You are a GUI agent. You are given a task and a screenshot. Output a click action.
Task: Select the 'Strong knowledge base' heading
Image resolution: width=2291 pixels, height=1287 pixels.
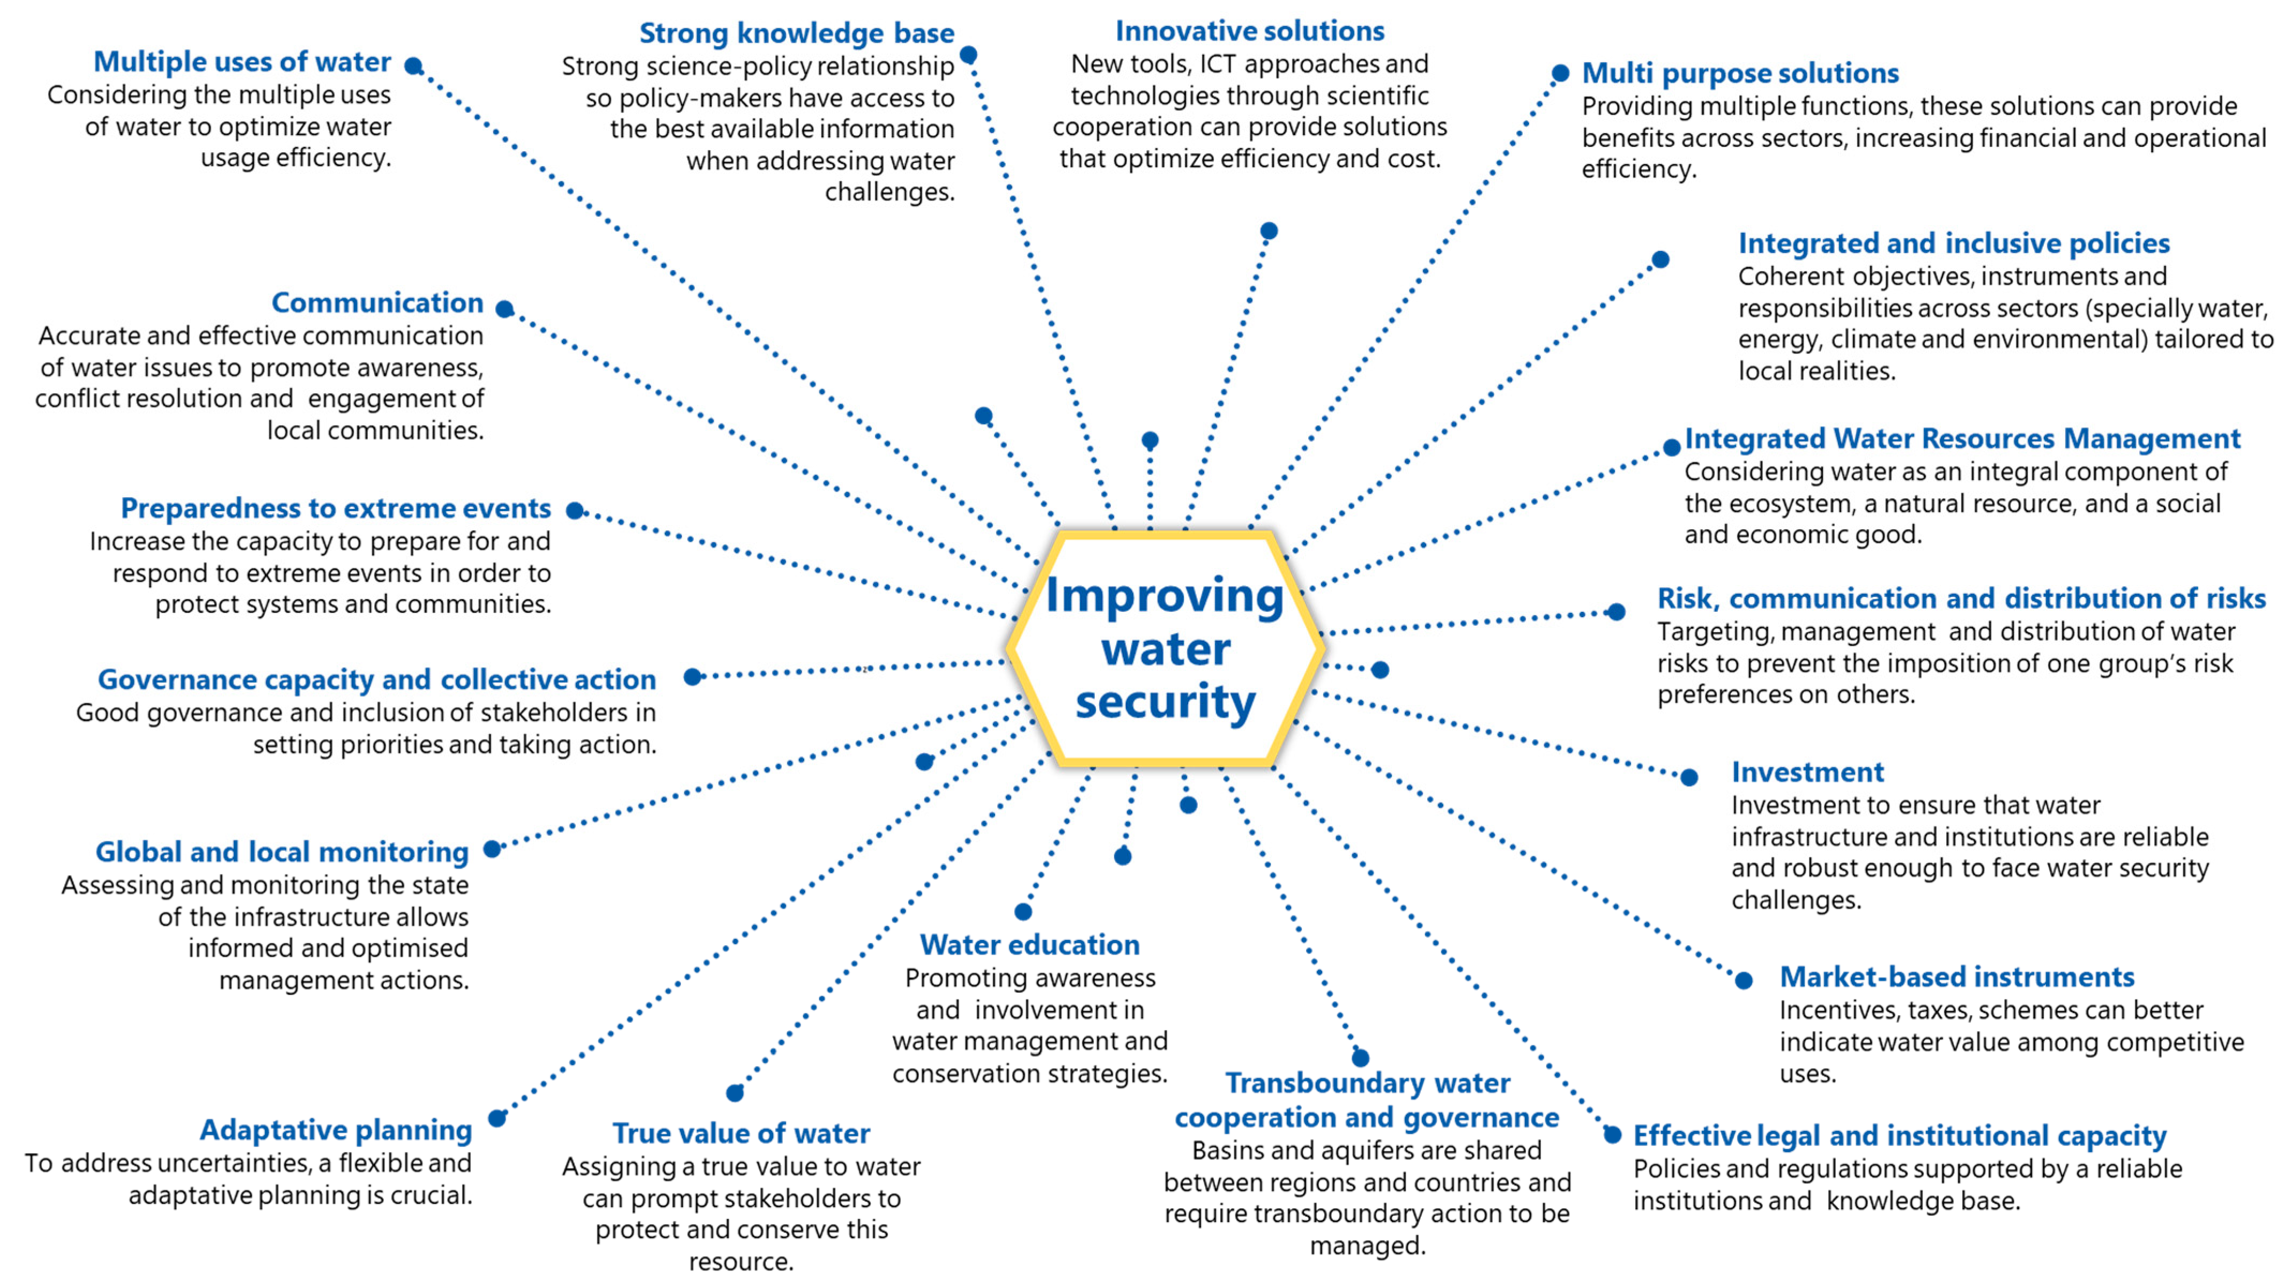click(x=796, y=33)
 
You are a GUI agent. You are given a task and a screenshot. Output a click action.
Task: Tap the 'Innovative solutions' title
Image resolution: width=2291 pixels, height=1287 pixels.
click(x=1250, y=31)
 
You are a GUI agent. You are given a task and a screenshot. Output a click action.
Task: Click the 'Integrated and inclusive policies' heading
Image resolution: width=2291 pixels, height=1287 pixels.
click(x=1953, y=243)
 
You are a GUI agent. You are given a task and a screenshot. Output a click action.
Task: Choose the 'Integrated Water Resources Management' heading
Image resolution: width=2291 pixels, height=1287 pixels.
click(x=1962, y=439)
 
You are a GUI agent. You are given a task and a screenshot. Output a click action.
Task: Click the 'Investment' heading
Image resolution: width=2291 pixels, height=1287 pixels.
click(x=1807, y=772)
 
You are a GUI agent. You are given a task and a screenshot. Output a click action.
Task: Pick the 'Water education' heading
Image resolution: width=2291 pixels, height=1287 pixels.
click(x=1029, y=944)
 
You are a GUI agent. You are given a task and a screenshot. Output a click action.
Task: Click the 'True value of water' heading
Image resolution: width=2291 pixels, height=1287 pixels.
click(x=741, y=1133)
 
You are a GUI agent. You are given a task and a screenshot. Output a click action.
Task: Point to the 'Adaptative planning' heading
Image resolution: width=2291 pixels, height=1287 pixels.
click(x=335, y=1129)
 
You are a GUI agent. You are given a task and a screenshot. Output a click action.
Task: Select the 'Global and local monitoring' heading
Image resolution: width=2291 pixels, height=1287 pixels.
click(x=282, y=852)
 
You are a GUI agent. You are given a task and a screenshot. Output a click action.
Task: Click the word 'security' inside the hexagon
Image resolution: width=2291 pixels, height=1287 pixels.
click(x=1165, y=702)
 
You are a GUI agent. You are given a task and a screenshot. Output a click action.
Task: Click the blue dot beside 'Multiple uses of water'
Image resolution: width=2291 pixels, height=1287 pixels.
click(x=413, y=66)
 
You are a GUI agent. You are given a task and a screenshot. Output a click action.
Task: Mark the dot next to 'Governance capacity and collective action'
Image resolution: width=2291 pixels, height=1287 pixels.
click(x=693, y=677)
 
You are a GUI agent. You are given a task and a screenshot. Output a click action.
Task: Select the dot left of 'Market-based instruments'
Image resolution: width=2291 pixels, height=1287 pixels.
click(x=1743, y=980)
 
